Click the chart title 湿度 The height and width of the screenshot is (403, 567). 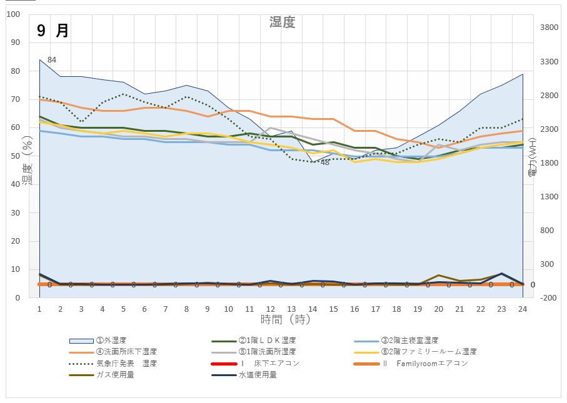coord(282,22)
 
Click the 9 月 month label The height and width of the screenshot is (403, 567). coord(53,31)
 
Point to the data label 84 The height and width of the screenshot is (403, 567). coord(52,60)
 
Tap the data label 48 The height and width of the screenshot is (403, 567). coord(325,162)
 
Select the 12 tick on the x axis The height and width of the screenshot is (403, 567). coord(270,309)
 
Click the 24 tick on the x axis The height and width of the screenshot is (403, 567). coord(523,309)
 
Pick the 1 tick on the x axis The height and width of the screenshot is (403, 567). coord(39,309)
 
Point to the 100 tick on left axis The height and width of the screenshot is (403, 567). coord(13,14)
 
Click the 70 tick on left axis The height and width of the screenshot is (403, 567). coord(15,99)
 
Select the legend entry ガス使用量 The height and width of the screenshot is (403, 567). coord(115,374)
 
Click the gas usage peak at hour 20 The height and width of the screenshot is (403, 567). coord(439,275)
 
